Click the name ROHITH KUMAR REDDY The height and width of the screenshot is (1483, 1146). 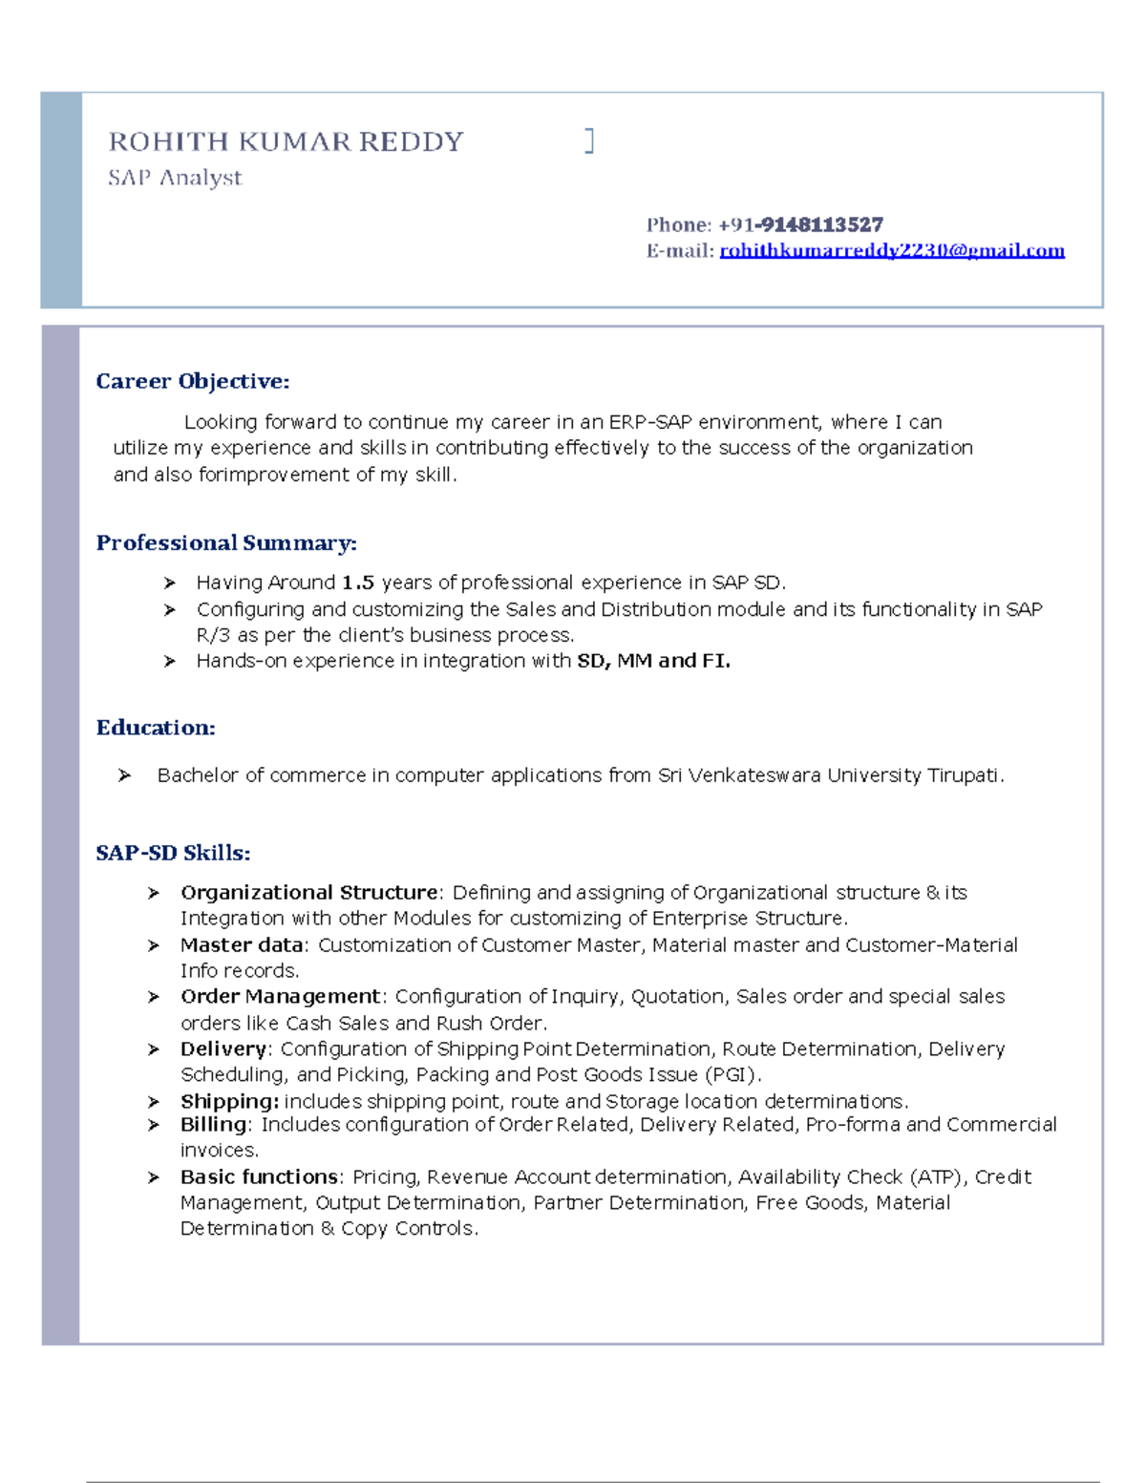point(286,142)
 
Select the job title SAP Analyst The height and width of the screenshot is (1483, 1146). point(175,178)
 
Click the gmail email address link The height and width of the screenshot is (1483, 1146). point(891,250)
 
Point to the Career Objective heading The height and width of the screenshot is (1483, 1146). point(192,381)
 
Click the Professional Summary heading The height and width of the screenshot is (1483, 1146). point(226,542)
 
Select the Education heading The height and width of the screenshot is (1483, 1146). point(156,728)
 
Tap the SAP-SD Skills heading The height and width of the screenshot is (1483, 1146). point(173,853)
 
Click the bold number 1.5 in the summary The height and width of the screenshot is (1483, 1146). point(358,583)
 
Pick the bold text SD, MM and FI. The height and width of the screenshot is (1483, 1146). point(653,661)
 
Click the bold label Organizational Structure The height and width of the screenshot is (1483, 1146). point(308,892)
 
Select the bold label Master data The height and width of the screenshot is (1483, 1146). point(242,944)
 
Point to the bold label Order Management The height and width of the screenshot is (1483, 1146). point(280,996)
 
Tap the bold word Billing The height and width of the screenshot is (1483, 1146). point(214,1124)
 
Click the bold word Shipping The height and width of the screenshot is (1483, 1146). point(229,1101)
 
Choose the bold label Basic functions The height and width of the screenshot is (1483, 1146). point(259,1176)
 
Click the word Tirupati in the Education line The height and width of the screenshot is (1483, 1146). point(964,775)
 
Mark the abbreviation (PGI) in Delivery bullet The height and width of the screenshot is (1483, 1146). point(731,1074)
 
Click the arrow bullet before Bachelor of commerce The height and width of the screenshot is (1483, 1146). point(124,775)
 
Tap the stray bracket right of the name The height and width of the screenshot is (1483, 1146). point(589,141)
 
